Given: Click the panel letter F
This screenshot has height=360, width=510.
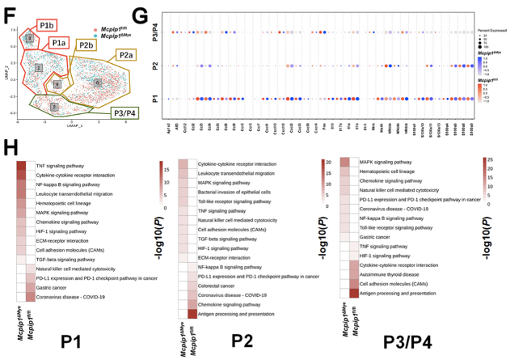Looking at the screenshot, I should [x=11, y=14].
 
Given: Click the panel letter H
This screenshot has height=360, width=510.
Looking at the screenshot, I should [x=11, y=150].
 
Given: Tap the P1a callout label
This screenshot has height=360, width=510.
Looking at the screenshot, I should [x=59, y=44].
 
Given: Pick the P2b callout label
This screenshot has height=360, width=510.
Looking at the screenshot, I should [x=87, y=45].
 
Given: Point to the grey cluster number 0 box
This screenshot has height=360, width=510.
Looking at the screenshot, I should [x=97, y=83].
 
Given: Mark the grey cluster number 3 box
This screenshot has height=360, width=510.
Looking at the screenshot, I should [x=28, y=38].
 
